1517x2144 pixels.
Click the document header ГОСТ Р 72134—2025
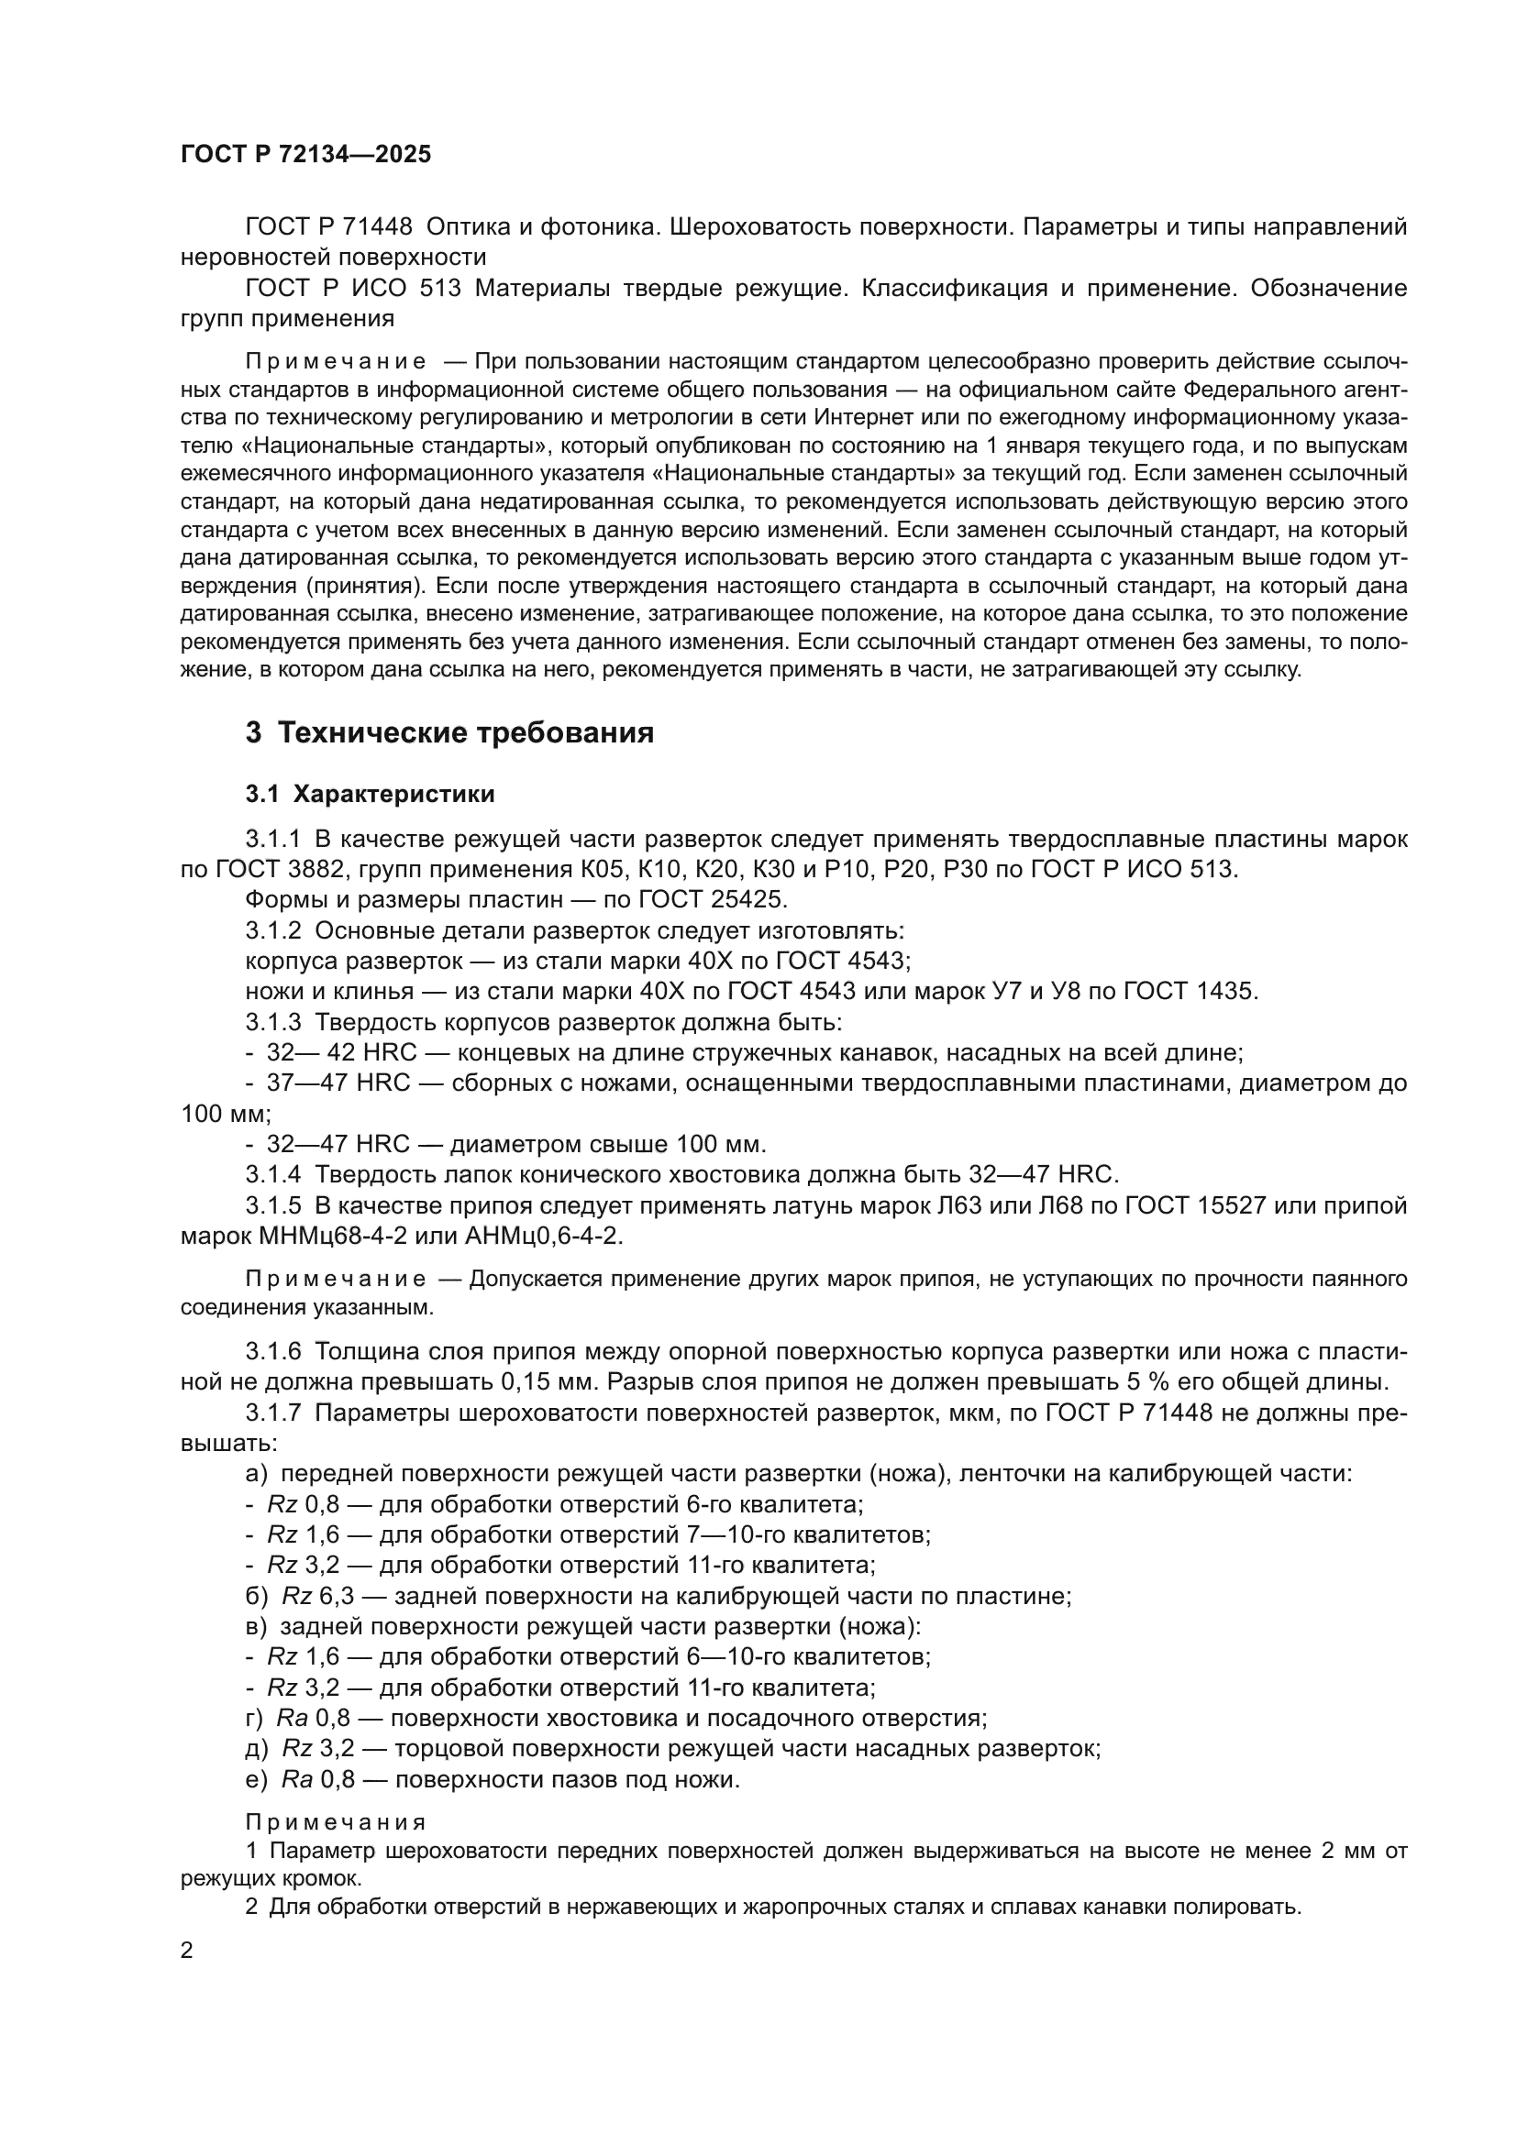(x=305, y=155)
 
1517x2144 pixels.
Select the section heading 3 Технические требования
(x=449, y=733)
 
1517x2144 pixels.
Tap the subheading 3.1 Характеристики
(x=370, y=795)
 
